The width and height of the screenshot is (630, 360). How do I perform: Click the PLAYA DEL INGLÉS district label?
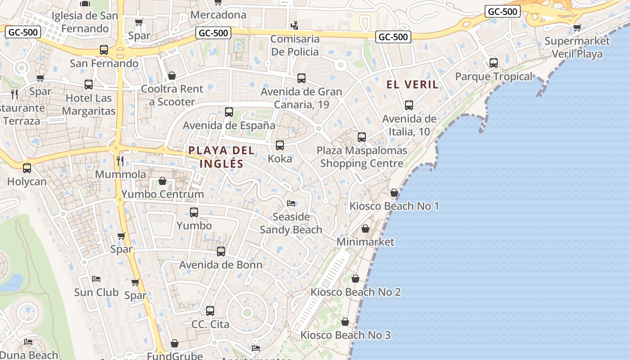(221, 157)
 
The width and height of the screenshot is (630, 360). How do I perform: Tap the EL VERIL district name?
(412, 85)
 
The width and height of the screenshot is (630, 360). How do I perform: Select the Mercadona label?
(218, 15)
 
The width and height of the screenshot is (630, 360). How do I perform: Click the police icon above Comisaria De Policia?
(294, 25)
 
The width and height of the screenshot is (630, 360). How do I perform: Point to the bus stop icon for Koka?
(280, 145)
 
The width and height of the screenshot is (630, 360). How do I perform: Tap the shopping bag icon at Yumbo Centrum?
(162, 181)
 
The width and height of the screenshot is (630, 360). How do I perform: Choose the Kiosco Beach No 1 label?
(394, 206)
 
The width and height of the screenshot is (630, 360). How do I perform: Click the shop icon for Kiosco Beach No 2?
(355, 279)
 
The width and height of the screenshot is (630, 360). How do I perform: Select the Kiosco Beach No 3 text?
(345, 335)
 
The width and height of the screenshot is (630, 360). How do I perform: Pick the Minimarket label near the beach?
(365, 242)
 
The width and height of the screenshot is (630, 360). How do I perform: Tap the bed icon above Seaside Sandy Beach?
(291, 204)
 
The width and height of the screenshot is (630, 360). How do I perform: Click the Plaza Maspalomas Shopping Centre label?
(362, 157)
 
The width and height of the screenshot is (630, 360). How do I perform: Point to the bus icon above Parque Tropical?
(494, 63)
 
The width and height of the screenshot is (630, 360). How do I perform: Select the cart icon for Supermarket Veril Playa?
(577, 28)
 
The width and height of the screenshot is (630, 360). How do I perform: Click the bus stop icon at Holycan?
(27, 168)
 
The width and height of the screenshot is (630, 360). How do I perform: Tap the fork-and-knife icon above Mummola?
(120, 161)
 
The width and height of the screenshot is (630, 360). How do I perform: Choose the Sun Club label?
(96, 292)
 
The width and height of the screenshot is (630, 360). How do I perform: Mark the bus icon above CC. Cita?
(210, 311)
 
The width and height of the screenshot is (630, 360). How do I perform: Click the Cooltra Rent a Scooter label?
(172, 95)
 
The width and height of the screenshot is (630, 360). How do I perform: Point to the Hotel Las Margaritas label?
(89, 104)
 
